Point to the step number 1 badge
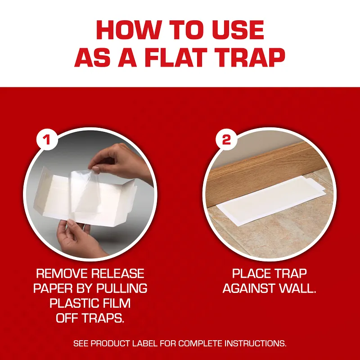47,139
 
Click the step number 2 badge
226,139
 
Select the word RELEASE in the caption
117,274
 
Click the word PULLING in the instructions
121,288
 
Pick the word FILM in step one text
117,303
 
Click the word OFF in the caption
67,318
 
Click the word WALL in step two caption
297,288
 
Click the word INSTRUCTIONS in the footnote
255,343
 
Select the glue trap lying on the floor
271,200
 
